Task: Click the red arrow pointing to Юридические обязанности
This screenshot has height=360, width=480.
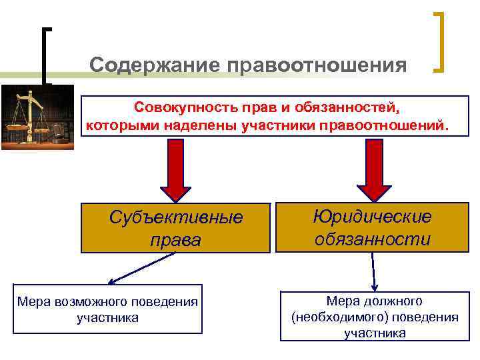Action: click(x=373, y=170)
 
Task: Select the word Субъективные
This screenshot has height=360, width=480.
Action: click(x=176, y=219)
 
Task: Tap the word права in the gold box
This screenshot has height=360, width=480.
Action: click(x=176, y=240)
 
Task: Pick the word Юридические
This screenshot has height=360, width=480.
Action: click(x=373, y=217)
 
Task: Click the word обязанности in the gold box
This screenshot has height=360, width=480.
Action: click(x=373, y=238)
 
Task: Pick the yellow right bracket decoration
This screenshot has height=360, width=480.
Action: click(x=440, y=41)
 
